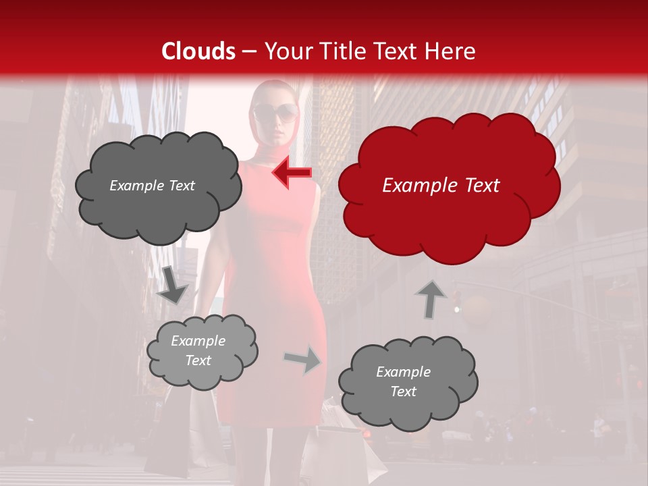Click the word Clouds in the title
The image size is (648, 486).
[x=198, y=51]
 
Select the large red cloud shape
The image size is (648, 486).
[x=448, y=216]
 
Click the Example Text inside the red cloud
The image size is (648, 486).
[x=441, y=186]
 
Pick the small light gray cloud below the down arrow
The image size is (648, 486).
[x=201, y=351]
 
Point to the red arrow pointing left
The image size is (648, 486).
[x=292, y=173]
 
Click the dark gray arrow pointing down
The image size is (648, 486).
[x=173, y=286]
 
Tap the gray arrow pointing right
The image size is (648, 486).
[x=303, y=360]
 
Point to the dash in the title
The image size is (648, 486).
[x=250, y=51]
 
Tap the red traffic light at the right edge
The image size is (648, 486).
[x=638, y=385]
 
